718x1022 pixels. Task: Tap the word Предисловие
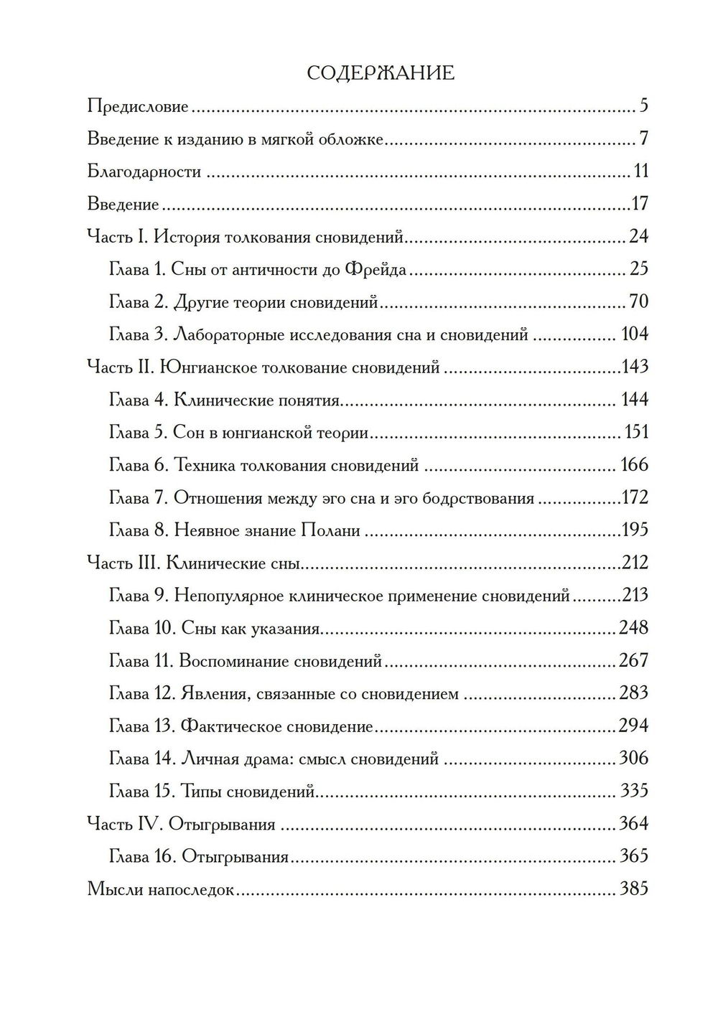[x=138, y=107]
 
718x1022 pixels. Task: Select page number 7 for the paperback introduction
[x=643, y=139]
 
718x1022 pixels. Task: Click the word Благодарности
[x=144, y=172]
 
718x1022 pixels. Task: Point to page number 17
[x=640, y=204]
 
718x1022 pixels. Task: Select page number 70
[x=638, y=301]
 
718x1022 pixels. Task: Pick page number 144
[x=635, y=400]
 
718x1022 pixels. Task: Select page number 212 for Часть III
[x=635, y=562]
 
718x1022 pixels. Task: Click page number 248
[x=633, y=628]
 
